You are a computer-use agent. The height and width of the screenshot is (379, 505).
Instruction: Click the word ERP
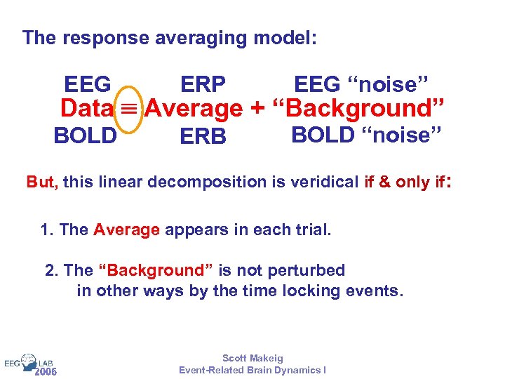click(203, 85)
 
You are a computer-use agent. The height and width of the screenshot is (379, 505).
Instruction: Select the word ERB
click(203, 137)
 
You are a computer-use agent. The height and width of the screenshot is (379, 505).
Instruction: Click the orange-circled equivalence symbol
click(130, 109)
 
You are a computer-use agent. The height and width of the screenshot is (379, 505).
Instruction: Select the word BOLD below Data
click(85, 135)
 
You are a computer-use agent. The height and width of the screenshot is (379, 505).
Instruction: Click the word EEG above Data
click(88, 85)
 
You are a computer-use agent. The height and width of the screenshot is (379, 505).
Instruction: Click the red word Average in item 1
click(127, 230)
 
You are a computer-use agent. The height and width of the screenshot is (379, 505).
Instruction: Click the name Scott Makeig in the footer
click(252, 358)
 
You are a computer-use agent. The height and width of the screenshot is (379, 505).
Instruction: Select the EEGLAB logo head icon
click(29, 361)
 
